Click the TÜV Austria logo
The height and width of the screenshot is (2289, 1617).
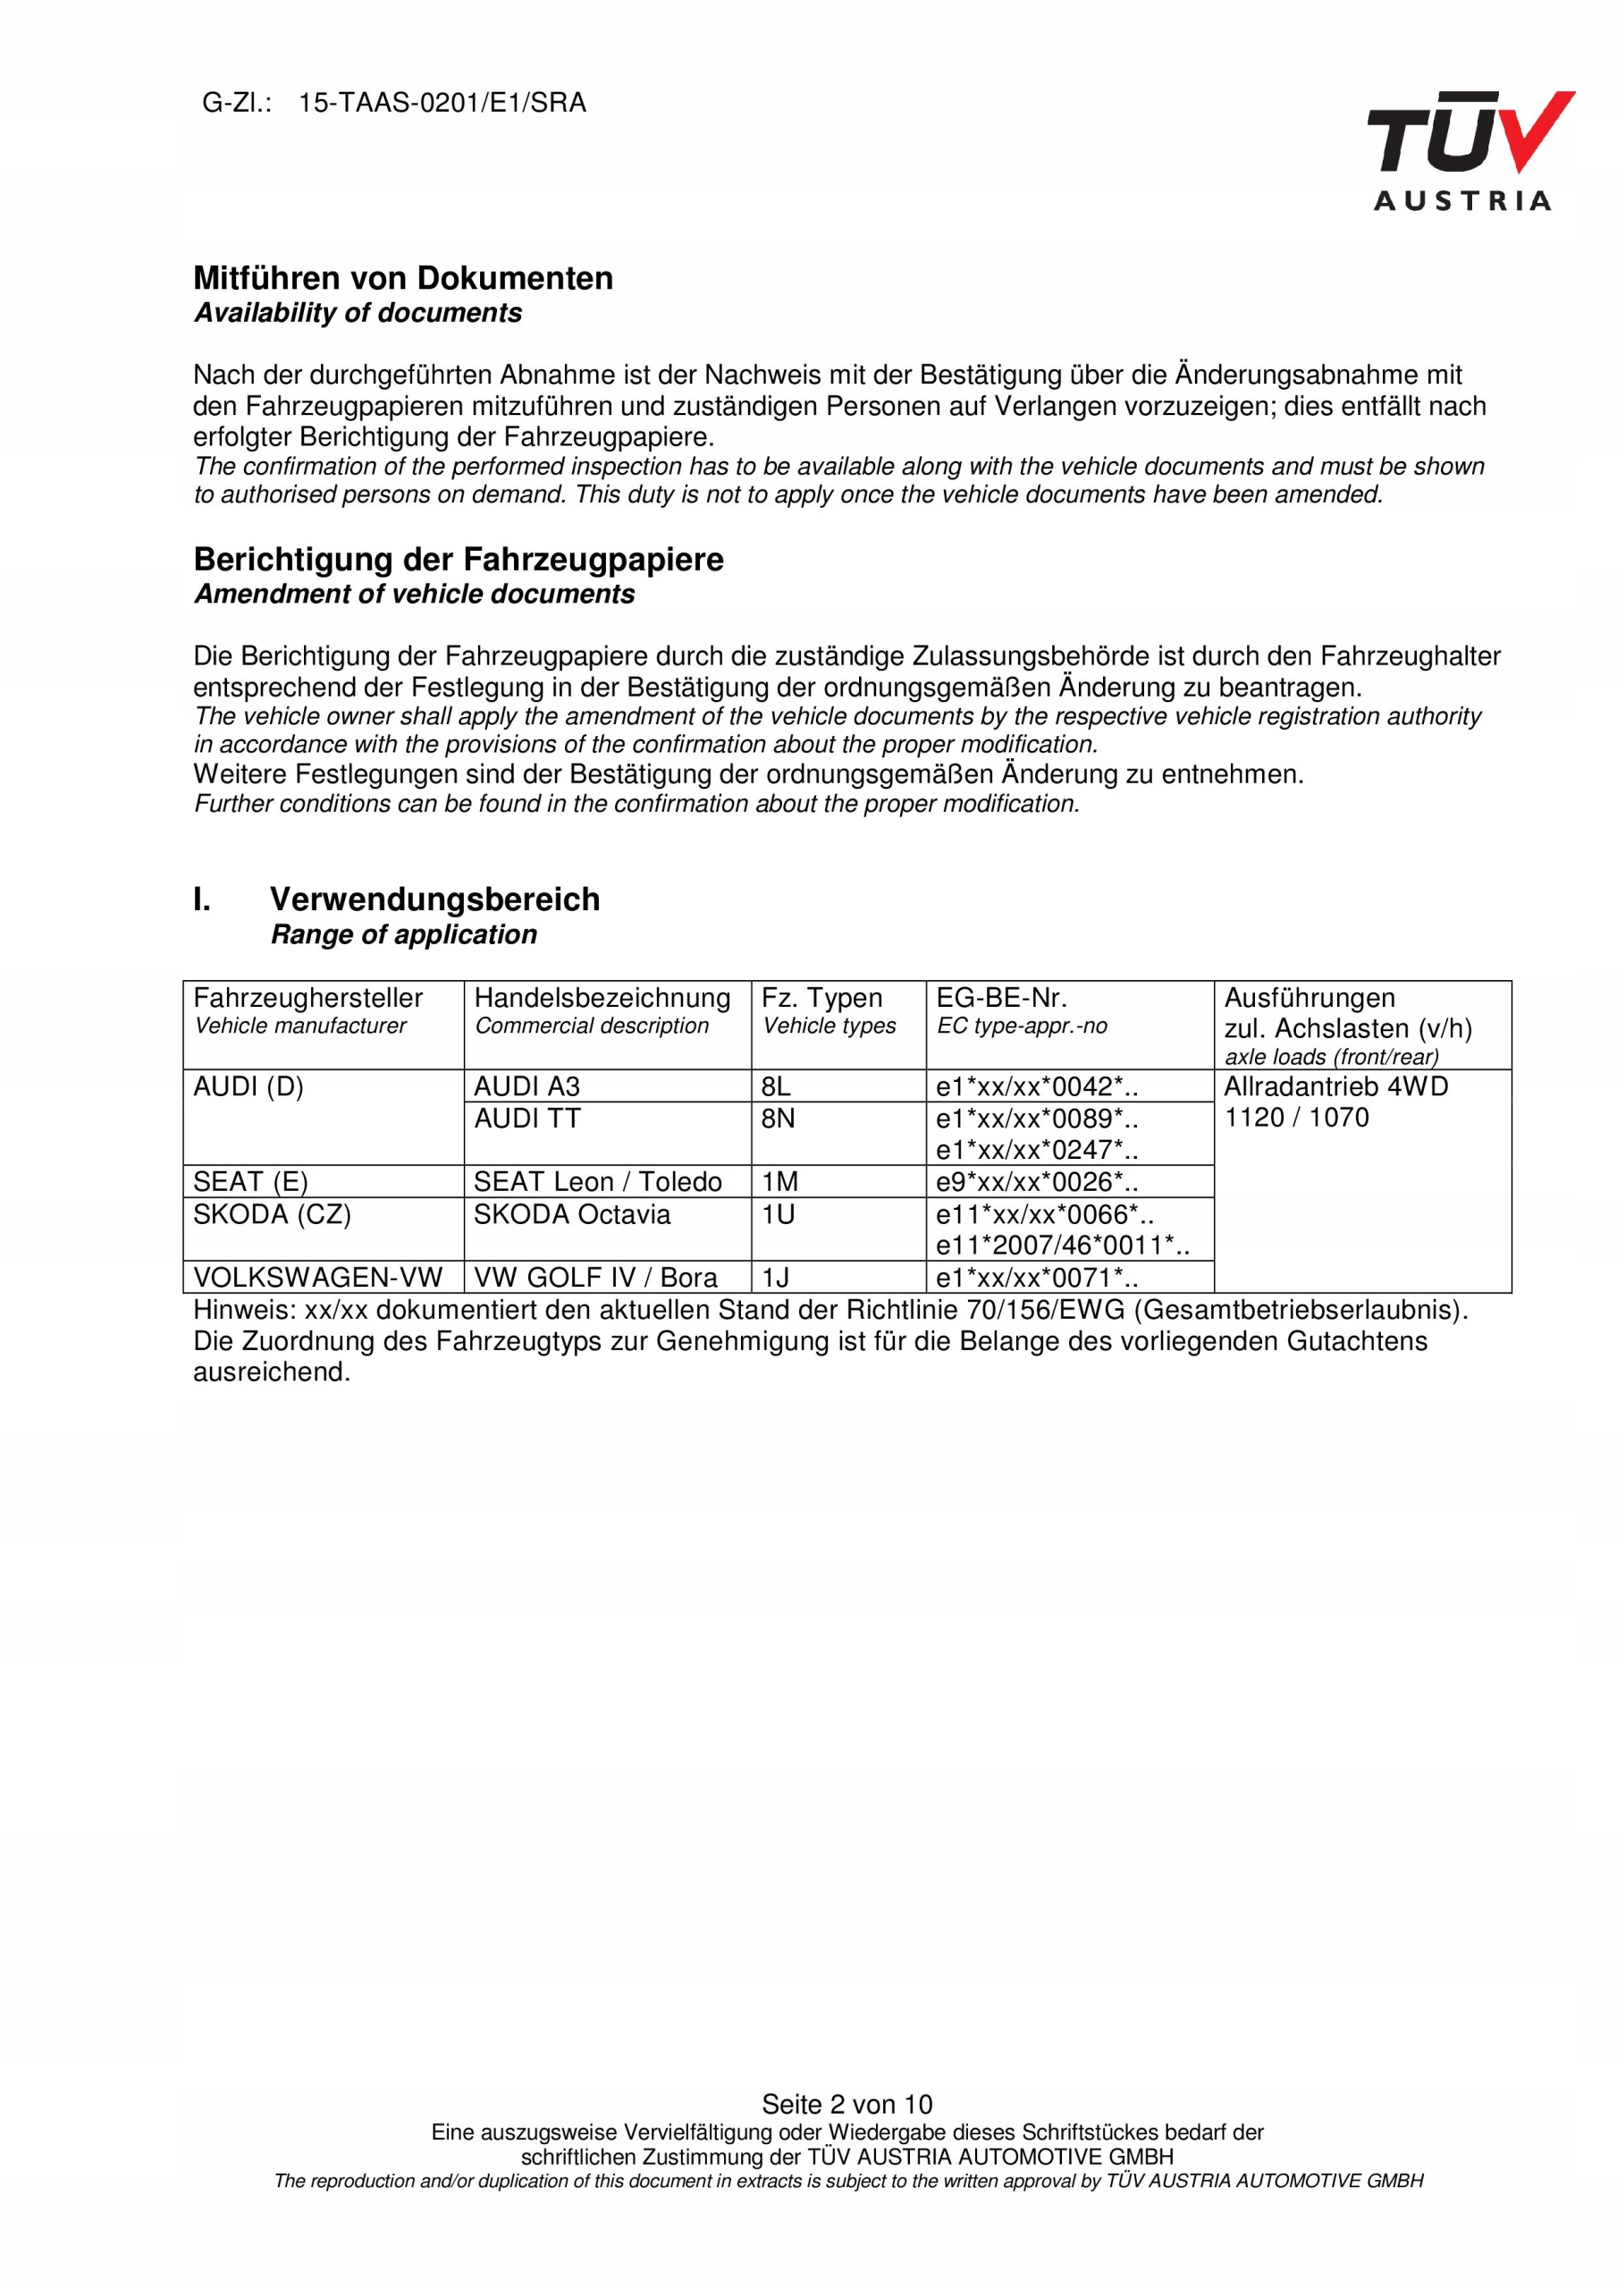tap(1469, 150)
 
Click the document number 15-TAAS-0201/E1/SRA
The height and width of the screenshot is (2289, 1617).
tap(442, 104)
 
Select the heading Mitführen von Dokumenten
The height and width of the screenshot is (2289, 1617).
tap(403, 278)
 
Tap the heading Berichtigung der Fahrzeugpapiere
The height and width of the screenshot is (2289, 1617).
tap(459, 560)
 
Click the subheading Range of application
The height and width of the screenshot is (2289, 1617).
tap(404, 934)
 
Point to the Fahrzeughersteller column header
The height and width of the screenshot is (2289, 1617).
tap(308, 998)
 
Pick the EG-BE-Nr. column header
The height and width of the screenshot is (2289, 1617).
tap(1001, 998)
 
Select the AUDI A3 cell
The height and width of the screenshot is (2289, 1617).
tap(526, 1086)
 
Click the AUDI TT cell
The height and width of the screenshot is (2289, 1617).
tap(526, 1119)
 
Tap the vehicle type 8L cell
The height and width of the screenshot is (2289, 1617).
tap(776, 1086)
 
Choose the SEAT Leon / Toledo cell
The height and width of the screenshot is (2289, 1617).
tap(597, 1182)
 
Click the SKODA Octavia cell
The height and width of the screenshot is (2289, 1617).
tap(571, 1214)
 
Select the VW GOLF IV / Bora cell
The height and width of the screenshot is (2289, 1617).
tap(595, 1278)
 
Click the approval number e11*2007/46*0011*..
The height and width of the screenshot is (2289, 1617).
tap(1062, 1246)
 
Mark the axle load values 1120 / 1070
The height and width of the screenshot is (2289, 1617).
tap(1296, 1118)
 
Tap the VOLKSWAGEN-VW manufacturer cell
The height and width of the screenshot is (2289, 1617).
tap(317, 1278)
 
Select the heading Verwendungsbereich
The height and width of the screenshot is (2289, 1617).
tap(434, 900)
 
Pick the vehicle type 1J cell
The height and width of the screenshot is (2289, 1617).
tap(776, 1278)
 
